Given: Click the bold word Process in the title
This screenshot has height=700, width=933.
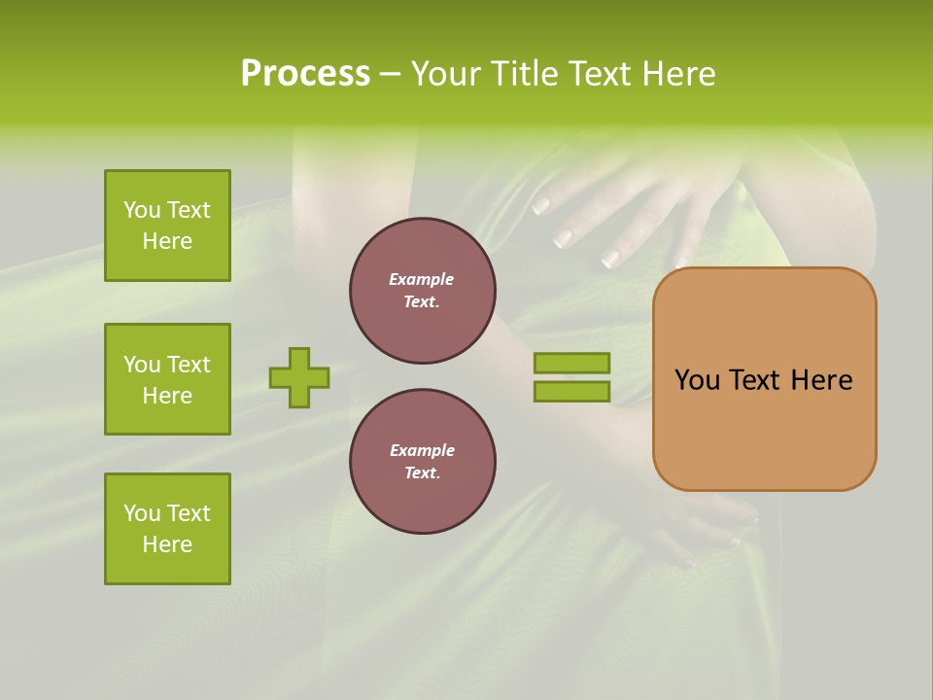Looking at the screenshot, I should [x=305, y=74].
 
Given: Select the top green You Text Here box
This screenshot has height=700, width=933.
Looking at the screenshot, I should [x=167, y=226].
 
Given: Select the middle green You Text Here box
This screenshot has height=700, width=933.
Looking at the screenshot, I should [x=167, y=379].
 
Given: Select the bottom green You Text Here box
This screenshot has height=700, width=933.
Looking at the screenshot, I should [x=167, y=529].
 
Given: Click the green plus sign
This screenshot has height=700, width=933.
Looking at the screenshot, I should [x=299, y=377].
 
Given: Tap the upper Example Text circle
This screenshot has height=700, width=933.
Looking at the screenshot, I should [x=422, y=291].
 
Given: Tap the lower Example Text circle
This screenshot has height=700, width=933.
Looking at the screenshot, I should [x=422, y=462].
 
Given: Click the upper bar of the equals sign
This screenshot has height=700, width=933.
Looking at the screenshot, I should [x=571, y=363].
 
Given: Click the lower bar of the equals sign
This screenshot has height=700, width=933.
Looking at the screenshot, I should [x=571, y=391].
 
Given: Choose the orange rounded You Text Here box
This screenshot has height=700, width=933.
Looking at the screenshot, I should [x=764, y=379].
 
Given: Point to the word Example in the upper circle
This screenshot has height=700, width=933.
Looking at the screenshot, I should [x=422, y=279].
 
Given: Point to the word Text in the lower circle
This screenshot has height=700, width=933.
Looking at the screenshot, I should [x=422, y=473].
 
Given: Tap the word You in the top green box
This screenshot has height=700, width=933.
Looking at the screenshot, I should [x=142, y=210].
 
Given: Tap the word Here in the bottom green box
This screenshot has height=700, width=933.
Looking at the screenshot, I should [x=167, y=544].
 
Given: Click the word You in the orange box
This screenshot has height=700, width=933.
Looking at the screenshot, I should [x=696, y=380].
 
